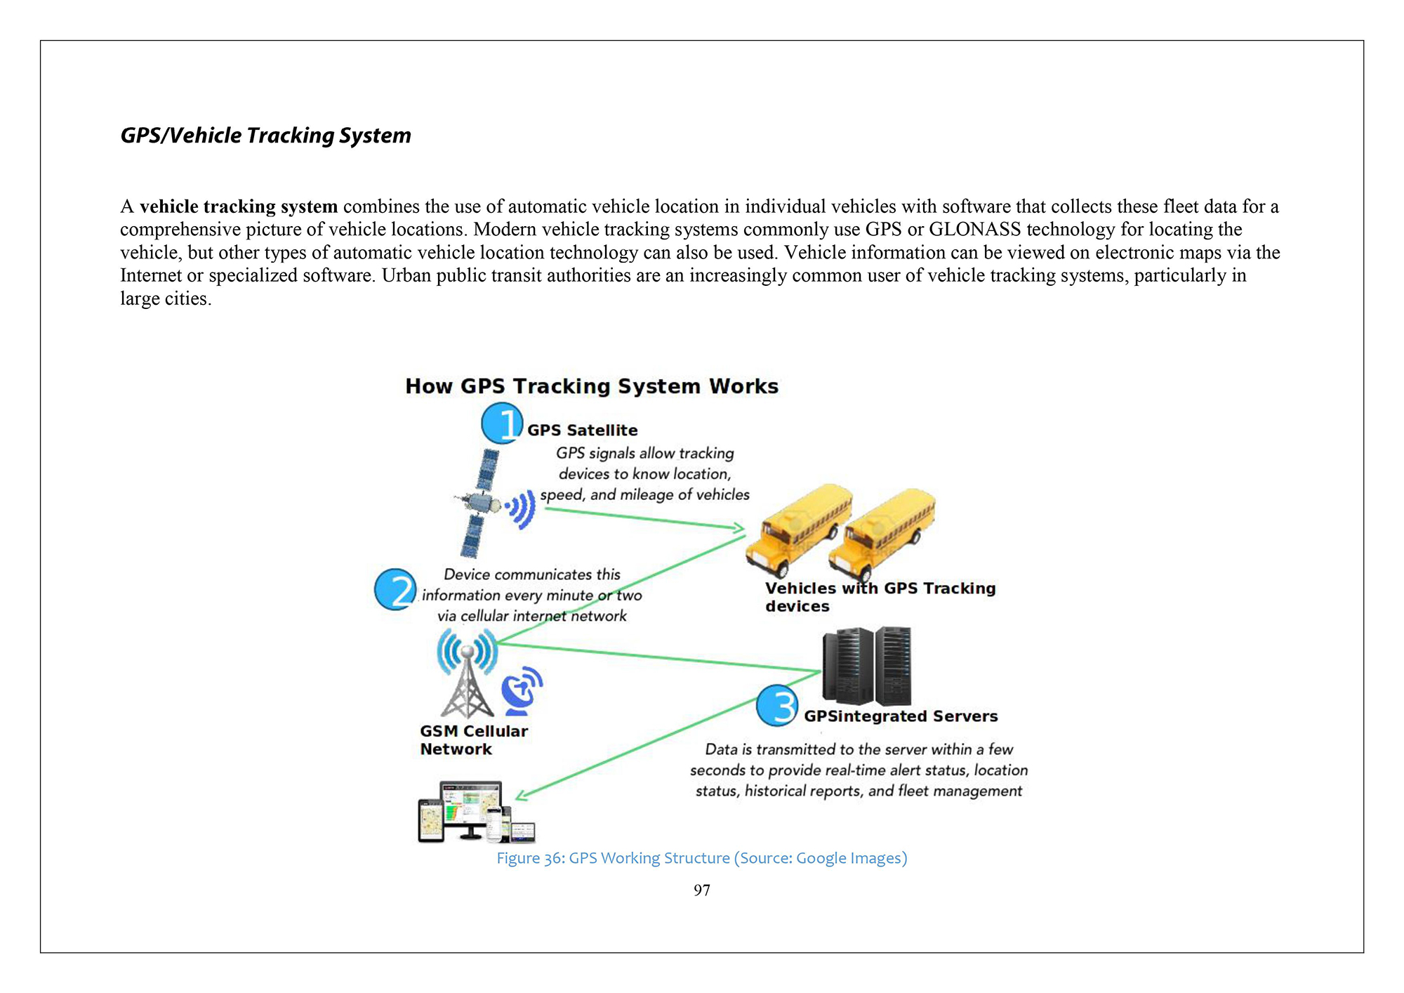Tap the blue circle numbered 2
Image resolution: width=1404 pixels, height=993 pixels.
[x=395, y=589]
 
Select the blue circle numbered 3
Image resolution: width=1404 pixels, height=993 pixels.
[x=776, y=706]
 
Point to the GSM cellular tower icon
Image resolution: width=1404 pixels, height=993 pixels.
[x=468, y=674]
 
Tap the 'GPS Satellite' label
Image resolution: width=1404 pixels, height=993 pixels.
[x=582, y=430]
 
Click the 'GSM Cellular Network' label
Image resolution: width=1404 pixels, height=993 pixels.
[x=473, y=740]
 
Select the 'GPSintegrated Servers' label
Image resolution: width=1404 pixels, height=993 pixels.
[x=900, y=716]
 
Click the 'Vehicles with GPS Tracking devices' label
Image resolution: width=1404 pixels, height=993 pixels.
[x=880, y=597]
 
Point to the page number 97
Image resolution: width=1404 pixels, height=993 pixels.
[x=701, y=890]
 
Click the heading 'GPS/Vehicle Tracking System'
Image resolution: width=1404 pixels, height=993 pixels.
[x=265, y=136]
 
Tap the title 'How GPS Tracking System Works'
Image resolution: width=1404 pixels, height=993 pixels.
[x=592, y=386]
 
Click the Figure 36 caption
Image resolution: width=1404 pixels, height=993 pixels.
[x=701, y=858]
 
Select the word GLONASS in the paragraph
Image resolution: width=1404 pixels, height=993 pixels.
[x=974, y=230]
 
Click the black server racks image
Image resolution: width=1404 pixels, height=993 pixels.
[x=867, y=666]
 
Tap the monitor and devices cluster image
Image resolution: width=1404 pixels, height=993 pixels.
[x=476, y=813]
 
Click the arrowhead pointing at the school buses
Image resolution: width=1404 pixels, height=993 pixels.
[x=739, y=528]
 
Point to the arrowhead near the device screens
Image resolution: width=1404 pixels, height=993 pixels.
[x=521, y=796]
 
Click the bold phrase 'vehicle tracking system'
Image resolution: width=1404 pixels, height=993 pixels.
[x=239, y=206]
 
